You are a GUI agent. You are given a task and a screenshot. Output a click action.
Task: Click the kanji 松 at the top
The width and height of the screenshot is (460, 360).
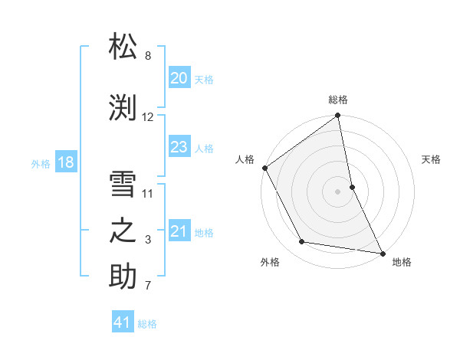click(124, 47)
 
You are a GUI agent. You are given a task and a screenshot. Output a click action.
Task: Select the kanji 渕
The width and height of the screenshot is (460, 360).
click(124, 107)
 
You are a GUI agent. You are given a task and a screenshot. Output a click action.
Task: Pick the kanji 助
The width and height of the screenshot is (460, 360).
click(124, 277)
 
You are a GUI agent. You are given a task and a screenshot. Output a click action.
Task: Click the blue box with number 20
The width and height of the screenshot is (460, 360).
click(179, 77)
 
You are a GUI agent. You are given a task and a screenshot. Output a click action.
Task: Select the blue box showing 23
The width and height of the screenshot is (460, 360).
click(179, 147)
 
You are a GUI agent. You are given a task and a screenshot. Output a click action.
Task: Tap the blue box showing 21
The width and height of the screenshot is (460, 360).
click(179, 231)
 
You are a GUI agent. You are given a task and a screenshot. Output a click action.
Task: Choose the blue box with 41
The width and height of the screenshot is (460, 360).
click(123, 322)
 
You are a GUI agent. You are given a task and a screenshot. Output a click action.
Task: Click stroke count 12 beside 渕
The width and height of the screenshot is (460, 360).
click(148, 117)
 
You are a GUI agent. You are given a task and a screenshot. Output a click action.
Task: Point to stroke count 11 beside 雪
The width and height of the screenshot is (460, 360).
click(148, 193)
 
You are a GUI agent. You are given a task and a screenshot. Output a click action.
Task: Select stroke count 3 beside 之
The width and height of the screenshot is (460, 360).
click(148, 240)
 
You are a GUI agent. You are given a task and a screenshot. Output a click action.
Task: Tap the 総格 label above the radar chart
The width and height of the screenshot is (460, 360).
click(338, 100)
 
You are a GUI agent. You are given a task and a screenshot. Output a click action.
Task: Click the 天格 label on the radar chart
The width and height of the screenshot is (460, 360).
click(431, 159)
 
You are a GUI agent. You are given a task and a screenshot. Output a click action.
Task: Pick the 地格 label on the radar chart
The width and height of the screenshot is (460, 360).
click(402, 262)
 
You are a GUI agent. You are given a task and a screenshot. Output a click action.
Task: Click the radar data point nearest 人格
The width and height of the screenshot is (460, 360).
click(265, 168)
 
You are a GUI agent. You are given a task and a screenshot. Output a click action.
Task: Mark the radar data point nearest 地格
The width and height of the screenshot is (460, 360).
click(382, 252)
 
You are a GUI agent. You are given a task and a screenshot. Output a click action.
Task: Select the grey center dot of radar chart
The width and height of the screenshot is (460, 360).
click(337, 191)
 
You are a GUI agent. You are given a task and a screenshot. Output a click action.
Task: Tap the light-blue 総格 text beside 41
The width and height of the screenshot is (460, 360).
click(147, 324)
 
